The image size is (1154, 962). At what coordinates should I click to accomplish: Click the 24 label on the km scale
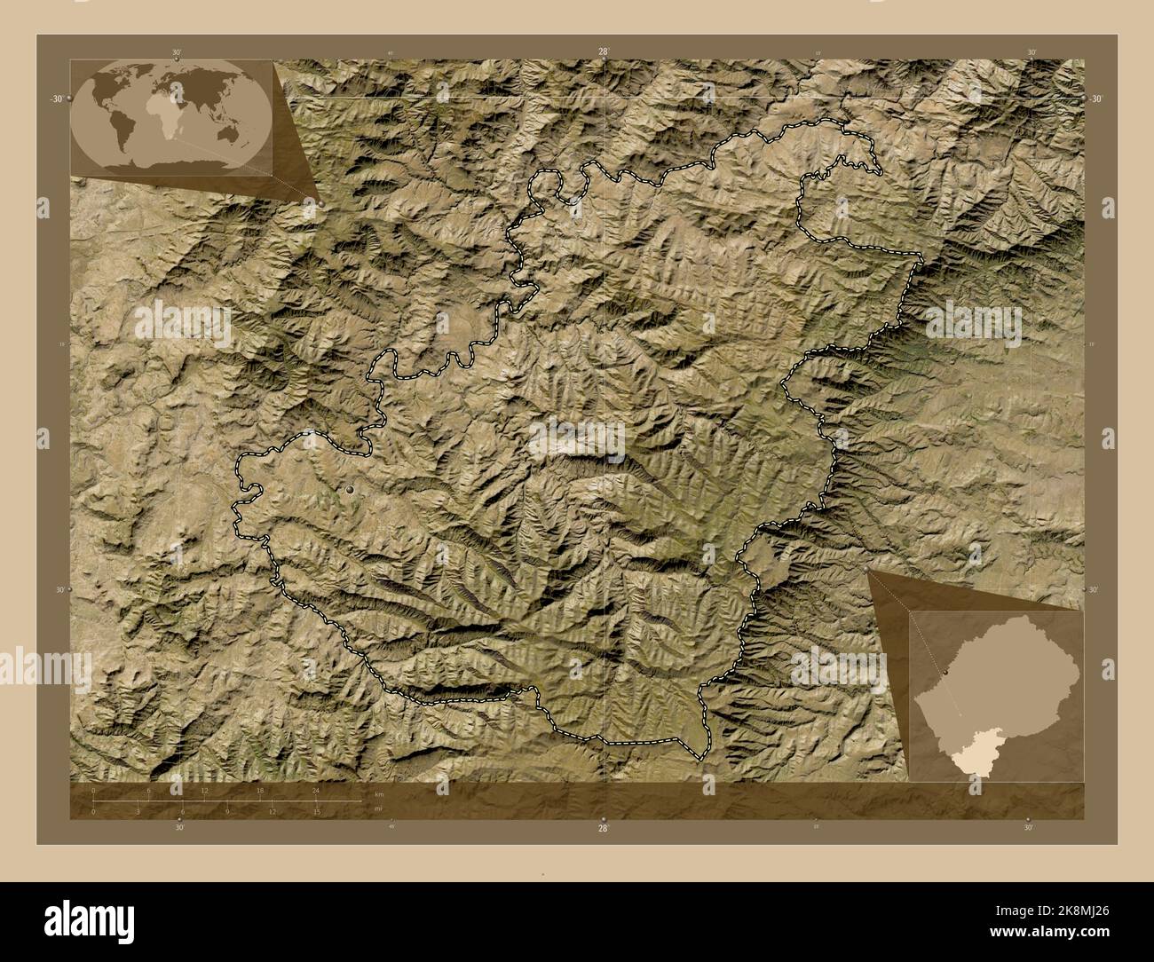point(315,790)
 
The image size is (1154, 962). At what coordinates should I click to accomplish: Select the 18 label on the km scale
point(260,790)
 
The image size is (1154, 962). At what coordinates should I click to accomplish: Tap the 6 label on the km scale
point(149,790)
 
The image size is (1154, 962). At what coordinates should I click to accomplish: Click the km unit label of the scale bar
point(378,792)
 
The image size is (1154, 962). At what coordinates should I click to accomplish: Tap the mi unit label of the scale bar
point(377,808)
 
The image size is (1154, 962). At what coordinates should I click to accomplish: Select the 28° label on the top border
point(604,52)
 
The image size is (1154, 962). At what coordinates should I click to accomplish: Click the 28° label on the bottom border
point(604,828)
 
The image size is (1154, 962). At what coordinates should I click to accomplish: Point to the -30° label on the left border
point(56,99)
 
